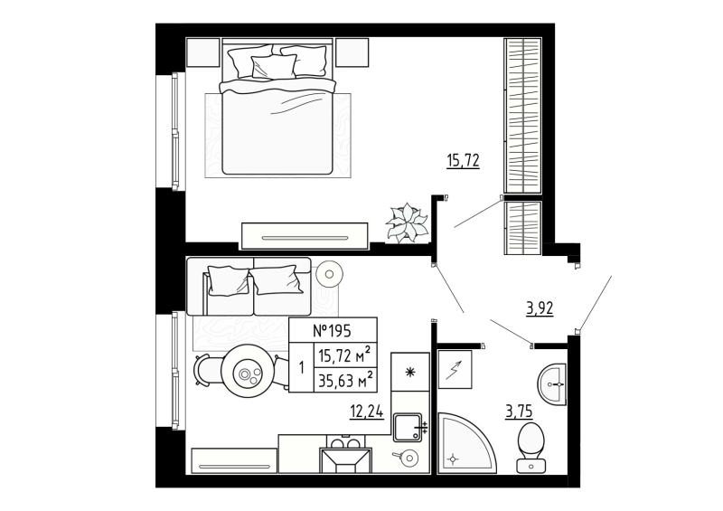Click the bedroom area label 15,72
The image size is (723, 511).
[x=463, y=162]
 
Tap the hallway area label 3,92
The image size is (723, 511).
[x=540, y=308]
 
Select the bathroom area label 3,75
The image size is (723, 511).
[x=519, y=412]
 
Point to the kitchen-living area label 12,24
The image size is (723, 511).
[x=367, y=412]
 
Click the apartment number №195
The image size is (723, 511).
[x=332, y=330]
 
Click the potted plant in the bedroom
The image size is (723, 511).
[x=407, y=222]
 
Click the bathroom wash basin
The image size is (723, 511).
[x=551, y=384]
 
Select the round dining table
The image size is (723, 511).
[x=246, y=372]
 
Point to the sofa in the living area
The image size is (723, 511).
[x=249, y=286]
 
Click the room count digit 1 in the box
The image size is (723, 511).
[x=300, y=368]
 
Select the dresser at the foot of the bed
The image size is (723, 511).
[x=304, y=236]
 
